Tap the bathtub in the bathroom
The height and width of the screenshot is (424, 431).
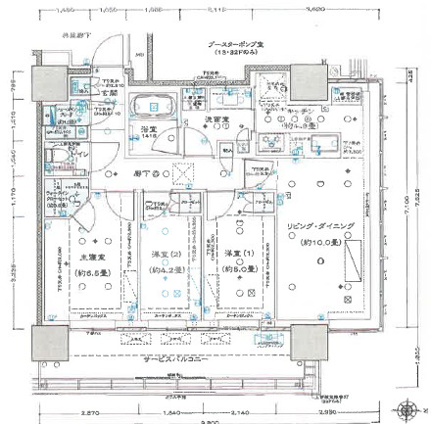coord(153,106)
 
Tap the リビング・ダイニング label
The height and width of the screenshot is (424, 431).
coord(318,226)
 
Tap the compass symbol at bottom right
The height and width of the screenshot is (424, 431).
coord(403,406)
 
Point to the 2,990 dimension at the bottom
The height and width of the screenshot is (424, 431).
coord(327,413)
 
